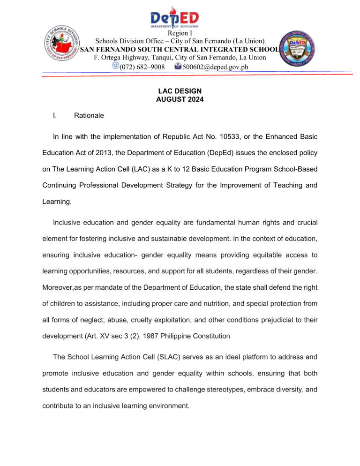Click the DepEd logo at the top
(180, 17)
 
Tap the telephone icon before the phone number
(115, 67)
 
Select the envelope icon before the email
(177, 67)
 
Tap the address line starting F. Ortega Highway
(180, 57)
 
